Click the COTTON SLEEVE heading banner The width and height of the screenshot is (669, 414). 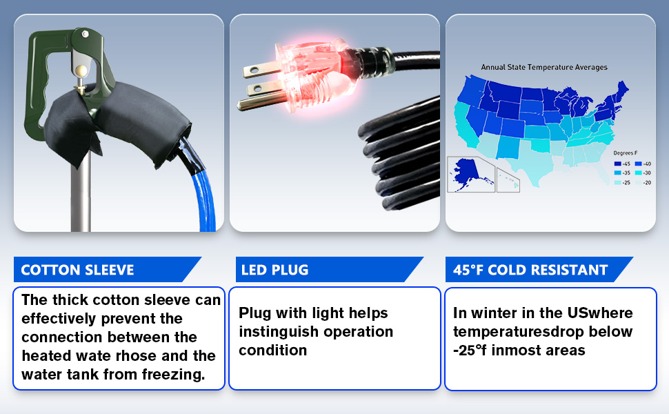[x=107, y=269]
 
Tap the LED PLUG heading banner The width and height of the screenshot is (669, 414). [x=328, y=269]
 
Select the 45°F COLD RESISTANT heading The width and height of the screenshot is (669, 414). [x=539, y=269]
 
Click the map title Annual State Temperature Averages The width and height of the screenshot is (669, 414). [x=544, y=67]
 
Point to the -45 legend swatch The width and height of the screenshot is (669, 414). [x=617, y=164]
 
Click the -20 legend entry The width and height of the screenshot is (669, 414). [x=643, y=183]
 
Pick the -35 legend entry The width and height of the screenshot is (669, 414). [x=622, y=173]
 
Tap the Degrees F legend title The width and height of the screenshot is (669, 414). [x=625, y=152]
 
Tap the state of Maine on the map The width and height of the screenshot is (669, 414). [x=623, y=90]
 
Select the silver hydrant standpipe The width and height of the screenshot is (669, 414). [x=81, y=192]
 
